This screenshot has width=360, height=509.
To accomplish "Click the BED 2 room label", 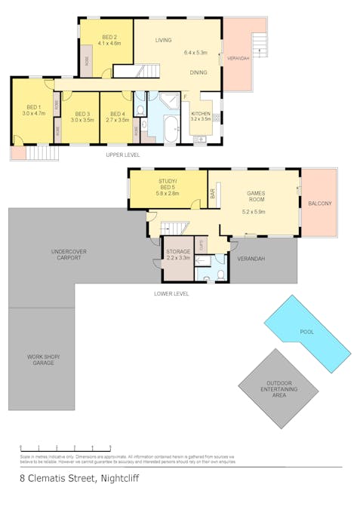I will pyautogui.click(x=109, y=37).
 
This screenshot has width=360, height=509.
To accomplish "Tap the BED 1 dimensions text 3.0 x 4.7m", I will pyautogui.click(x=35, y=113).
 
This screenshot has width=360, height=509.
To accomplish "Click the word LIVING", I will pyautogui.click(x=163, y=40).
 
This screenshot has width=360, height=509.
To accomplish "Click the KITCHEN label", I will pyautogui.click(x=202, y=113).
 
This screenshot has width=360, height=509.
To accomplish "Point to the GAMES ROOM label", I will pyautogui.click(x=256, y=197).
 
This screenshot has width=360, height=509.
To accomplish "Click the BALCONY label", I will pyautogui.click(x=320, y=204).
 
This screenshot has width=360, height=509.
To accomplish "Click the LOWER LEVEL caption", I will pyautogui.click(x=171, y=293).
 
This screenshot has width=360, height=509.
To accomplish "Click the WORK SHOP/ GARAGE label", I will pyautogui.click(x=43, y=359).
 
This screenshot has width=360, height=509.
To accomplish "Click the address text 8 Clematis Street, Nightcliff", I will pyautogui.click(x=79, y=478).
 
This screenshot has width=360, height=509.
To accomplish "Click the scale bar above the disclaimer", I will pyautogui.click(x=66, y=448).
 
